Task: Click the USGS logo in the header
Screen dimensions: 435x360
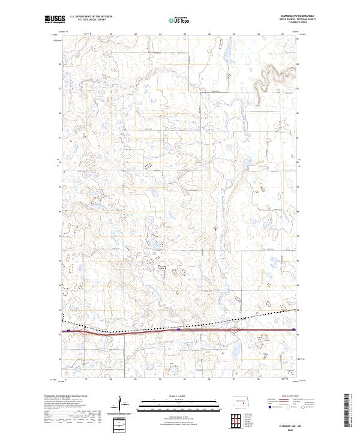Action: pyautogui.click(x=54, y=19)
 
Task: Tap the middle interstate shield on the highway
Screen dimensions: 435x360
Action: pyautogui.click(x=179, y=329)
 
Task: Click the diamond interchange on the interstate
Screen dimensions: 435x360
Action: pyautogui.click(x=237, y=329)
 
